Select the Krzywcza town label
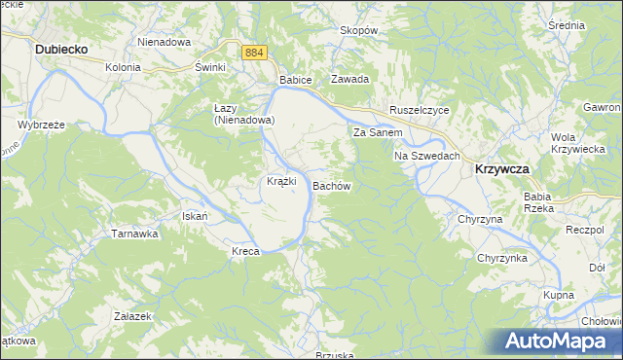coord(501,168)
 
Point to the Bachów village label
coord(331,185)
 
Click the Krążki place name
coord(281,182)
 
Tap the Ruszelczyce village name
coord(419,111)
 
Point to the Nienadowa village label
coord(163,43)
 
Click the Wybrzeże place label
coord(40,125)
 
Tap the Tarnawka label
coord(134,234)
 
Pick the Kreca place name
coord(244,252)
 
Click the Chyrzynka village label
coord(501,258)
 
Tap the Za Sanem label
coord(378,131)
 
